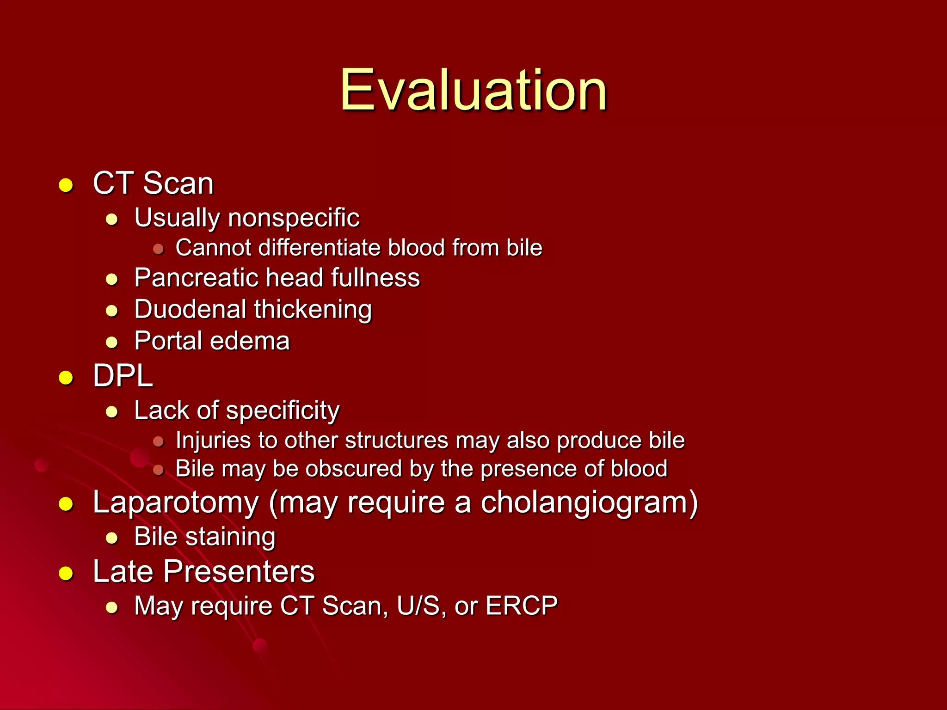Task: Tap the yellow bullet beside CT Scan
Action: (66, 185)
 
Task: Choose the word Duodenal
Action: (190, 309)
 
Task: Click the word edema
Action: (251, 341)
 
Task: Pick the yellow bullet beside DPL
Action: (66, 378)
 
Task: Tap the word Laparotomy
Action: (176, 503)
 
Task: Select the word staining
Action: (231, 537)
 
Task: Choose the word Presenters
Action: (239, 572)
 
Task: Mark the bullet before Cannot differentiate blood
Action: (159, 249)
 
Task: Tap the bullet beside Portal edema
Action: (112, 343)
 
